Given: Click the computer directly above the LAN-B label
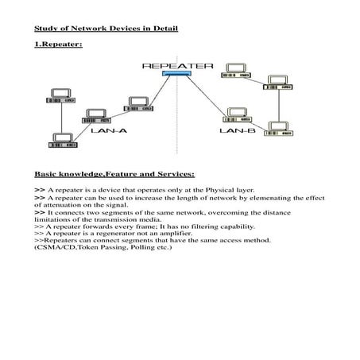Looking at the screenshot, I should (x=236, y=112).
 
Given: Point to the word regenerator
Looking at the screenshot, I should (x=127, y=233).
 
